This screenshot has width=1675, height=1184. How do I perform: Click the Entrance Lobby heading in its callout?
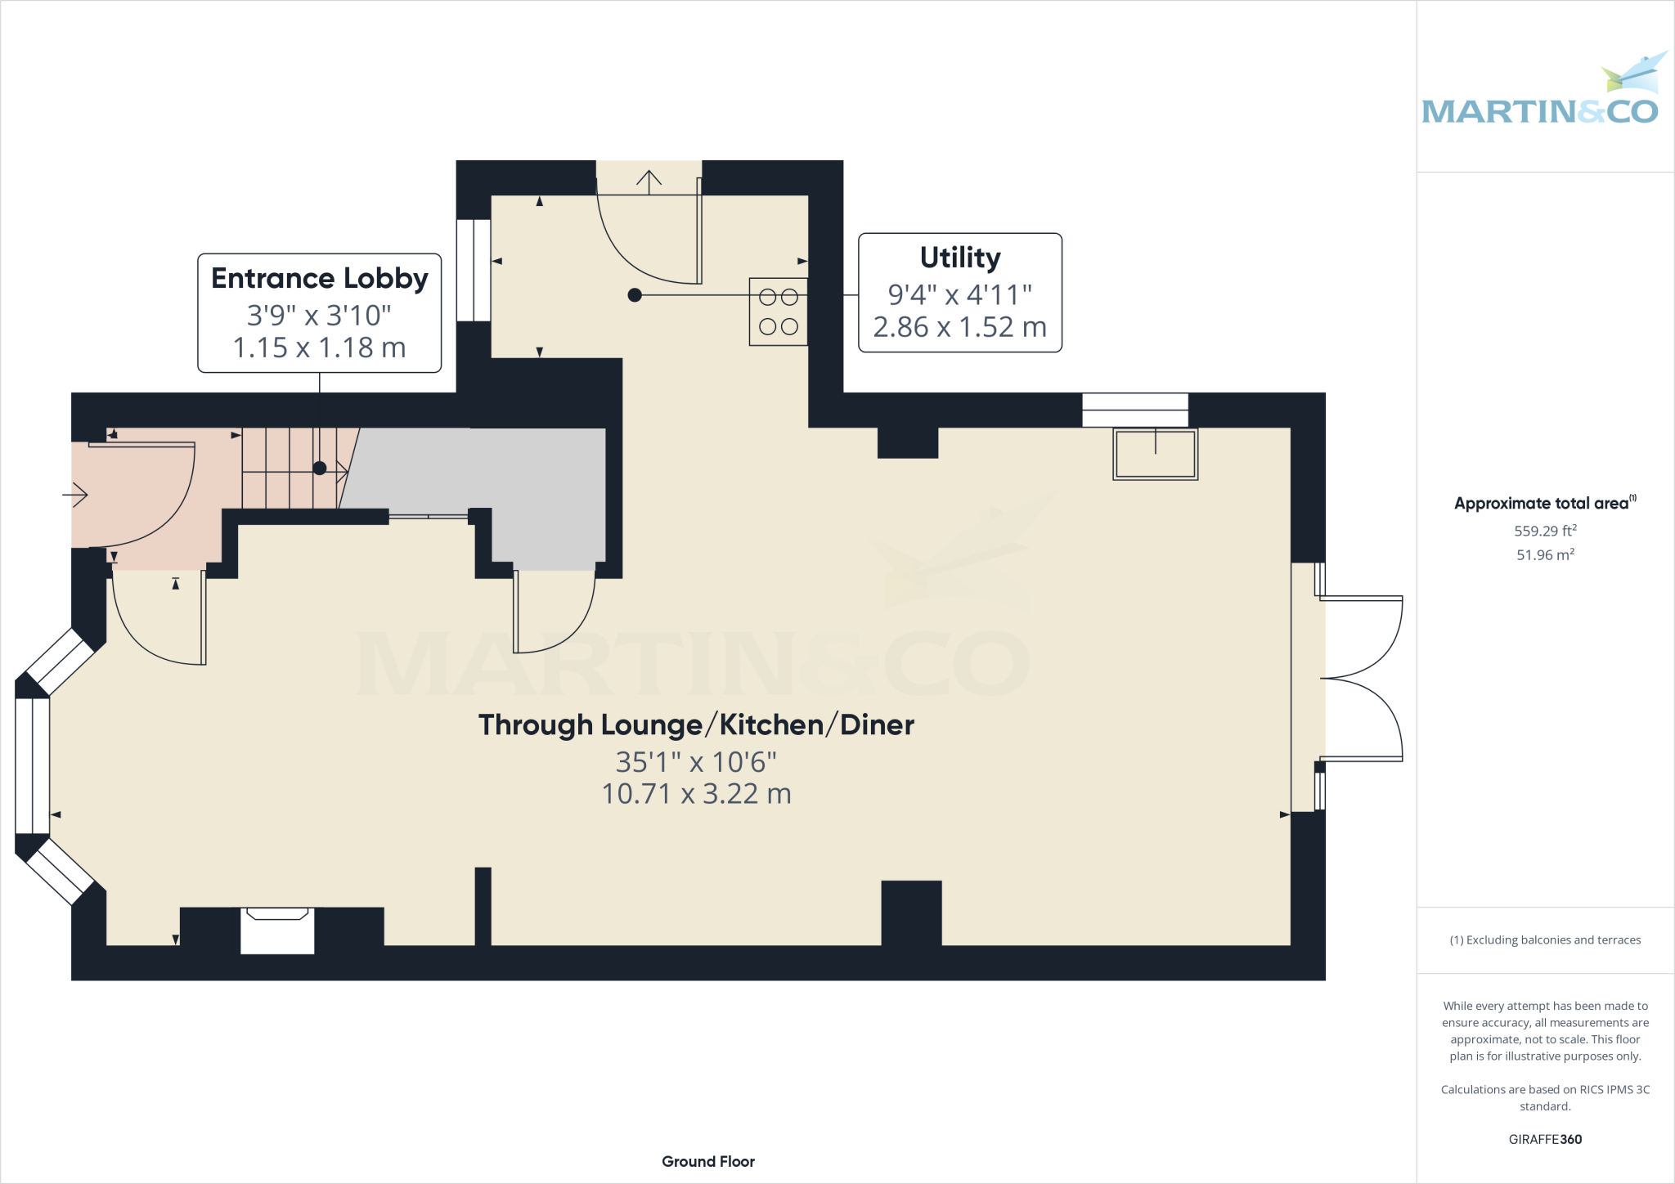point(319,279)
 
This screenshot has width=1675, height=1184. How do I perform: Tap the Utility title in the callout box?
point(959,258)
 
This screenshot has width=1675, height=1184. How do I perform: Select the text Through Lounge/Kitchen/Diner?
point(696,725)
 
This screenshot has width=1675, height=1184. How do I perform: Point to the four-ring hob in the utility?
point(779,312)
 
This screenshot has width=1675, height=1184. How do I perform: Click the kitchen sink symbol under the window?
point(1155,454)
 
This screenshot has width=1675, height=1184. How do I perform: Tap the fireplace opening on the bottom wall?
point(277,931)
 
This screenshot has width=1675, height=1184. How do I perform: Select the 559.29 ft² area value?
point(1544,531)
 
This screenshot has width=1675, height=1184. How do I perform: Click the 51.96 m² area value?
point(1544,554)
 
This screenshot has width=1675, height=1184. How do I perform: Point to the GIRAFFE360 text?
point(1544,1139)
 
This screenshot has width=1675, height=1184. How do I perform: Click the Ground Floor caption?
point(707,1161)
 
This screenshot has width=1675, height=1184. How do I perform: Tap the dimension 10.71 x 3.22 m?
point(696,794)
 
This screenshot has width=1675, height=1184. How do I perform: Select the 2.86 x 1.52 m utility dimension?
point(959,327)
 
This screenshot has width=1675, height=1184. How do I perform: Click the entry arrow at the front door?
point(76,495)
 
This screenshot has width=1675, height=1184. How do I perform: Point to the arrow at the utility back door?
point(649,182)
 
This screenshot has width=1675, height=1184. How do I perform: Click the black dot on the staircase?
point(320,469)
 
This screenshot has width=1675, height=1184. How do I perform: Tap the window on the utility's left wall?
point(474,270)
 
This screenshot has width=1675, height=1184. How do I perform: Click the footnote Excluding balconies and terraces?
point(1544,940)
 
